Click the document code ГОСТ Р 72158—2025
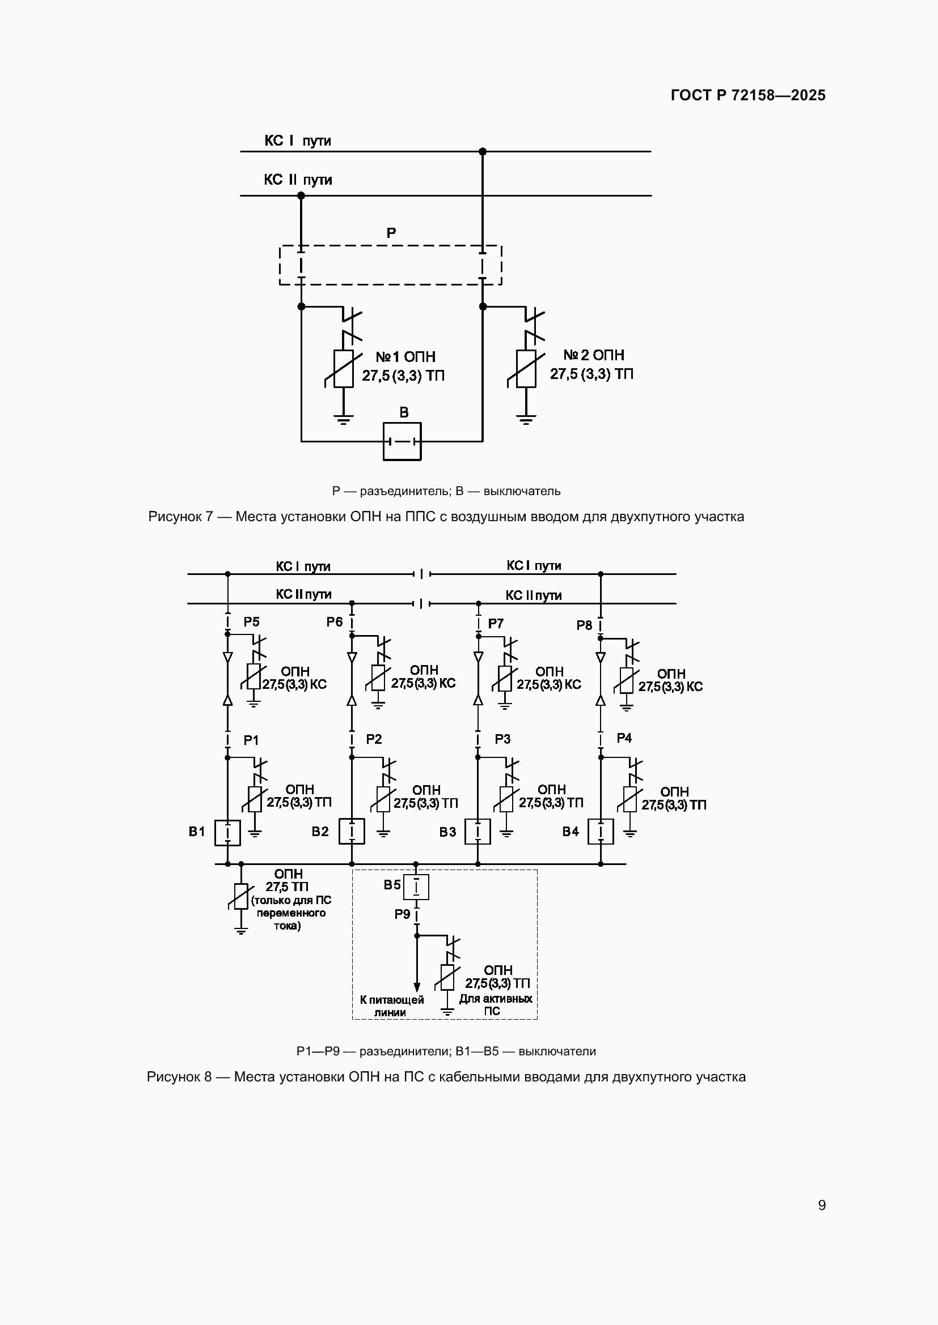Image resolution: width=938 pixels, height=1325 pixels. click(748, 95)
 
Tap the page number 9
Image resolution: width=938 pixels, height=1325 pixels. click(821, 1205)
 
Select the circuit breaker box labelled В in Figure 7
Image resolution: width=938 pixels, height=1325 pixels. click(402, 441)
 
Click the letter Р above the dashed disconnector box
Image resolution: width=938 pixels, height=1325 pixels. click(391, 233)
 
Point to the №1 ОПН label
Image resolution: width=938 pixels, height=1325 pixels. click(405, 357)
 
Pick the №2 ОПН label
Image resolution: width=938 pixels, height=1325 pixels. click(594, 355)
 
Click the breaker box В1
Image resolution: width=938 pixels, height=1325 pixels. click(227, 833)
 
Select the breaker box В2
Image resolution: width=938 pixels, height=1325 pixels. click(352, 832)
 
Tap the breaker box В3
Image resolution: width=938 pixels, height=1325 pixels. click(478, 832)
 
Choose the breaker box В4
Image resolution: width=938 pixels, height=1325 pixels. click(601, 832)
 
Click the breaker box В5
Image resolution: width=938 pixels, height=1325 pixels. click(416, 887)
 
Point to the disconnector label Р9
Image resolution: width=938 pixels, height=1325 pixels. click(402, 914)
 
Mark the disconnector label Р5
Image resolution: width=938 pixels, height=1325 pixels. click(251, 621)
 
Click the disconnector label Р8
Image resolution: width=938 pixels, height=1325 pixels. click(585, 625)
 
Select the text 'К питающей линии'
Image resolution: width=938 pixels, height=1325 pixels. click(391, 1006)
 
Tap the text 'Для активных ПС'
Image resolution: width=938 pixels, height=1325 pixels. click(496, 1005)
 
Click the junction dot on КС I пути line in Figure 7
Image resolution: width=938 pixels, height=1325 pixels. click(483, 152)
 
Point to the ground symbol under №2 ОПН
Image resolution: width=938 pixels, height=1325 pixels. click(526, 420)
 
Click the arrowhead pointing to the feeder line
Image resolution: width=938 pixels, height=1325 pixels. click(417, 987)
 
